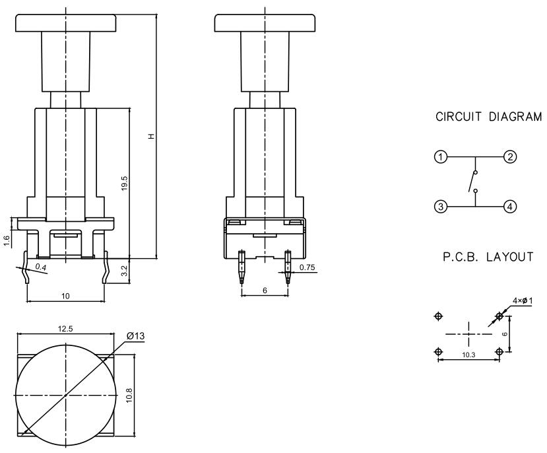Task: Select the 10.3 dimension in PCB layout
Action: tap(468, 355)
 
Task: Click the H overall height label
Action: tap(151, 136)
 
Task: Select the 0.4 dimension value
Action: tap(41, 266)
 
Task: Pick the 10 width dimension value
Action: tap(65, 296)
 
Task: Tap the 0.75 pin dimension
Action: tap(306, 267)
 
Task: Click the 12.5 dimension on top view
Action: tap(65, 328)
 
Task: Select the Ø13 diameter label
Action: tap(136, 336)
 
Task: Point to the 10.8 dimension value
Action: tap(129, 394)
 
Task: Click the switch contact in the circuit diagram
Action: tap(471, 182)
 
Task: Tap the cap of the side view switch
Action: tap(265, 22)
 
